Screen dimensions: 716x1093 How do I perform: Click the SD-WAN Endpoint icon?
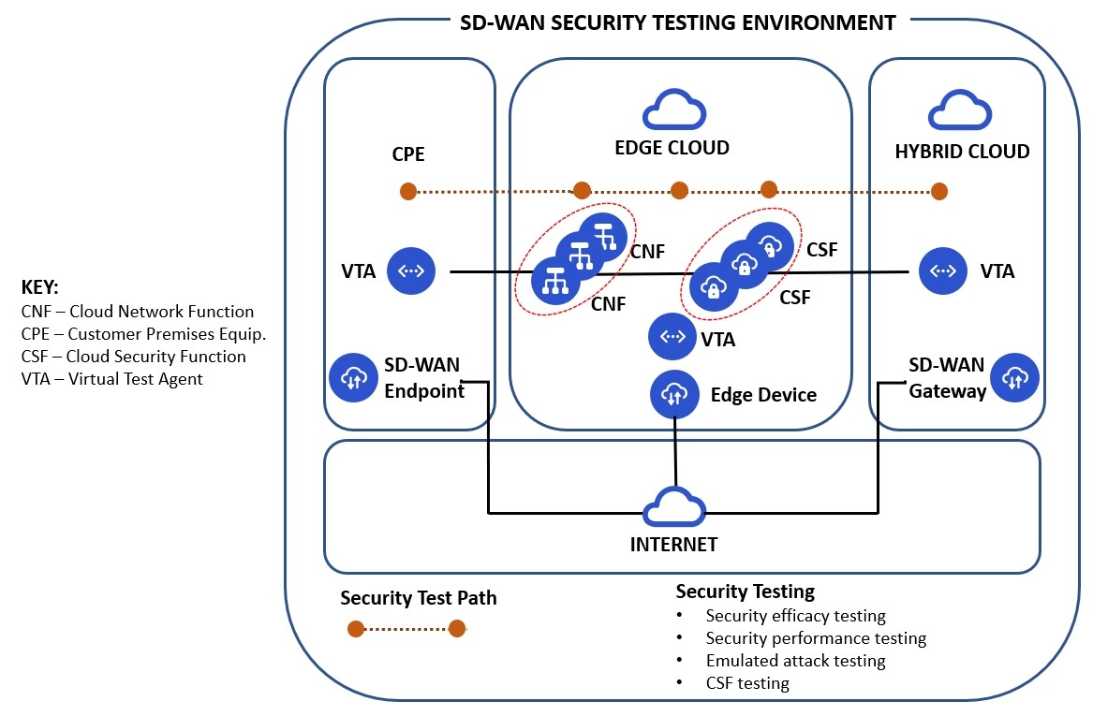click(x=352, y=378)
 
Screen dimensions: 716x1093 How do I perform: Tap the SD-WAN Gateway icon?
click(x=1014, y=378)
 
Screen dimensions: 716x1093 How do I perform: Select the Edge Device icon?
click(x=674, y=394)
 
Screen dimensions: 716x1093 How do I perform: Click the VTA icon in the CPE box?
click(x=412, y=271)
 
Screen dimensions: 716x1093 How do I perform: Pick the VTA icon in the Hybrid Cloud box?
click(x=943, y=271)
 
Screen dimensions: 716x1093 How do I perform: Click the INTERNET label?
click(x=673, y=544)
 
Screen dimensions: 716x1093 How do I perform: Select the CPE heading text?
click(x=407, y=154)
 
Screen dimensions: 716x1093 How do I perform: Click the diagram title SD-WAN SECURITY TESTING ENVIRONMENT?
click(x=678, y=22)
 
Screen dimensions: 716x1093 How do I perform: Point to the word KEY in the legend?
click(x=39, y=287)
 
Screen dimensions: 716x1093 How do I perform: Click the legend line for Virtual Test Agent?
click(x=111, y=379)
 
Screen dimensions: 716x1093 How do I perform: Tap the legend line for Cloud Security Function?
click(x=133, y=357)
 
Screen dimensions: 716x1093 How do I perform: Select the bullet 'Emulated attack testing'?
click(x=795, y=661)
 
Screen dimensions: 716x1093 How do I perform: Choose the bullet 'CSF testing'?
click(x=747, y=683)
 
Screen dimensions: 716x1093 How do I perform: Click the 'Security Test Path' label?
click(x=419, y=598)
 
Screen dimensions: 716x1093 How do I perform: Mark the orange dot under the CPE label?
click(x=408, y=192)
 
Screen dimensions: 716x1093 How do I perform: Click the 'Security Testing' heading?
click(x=746, y=592)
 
